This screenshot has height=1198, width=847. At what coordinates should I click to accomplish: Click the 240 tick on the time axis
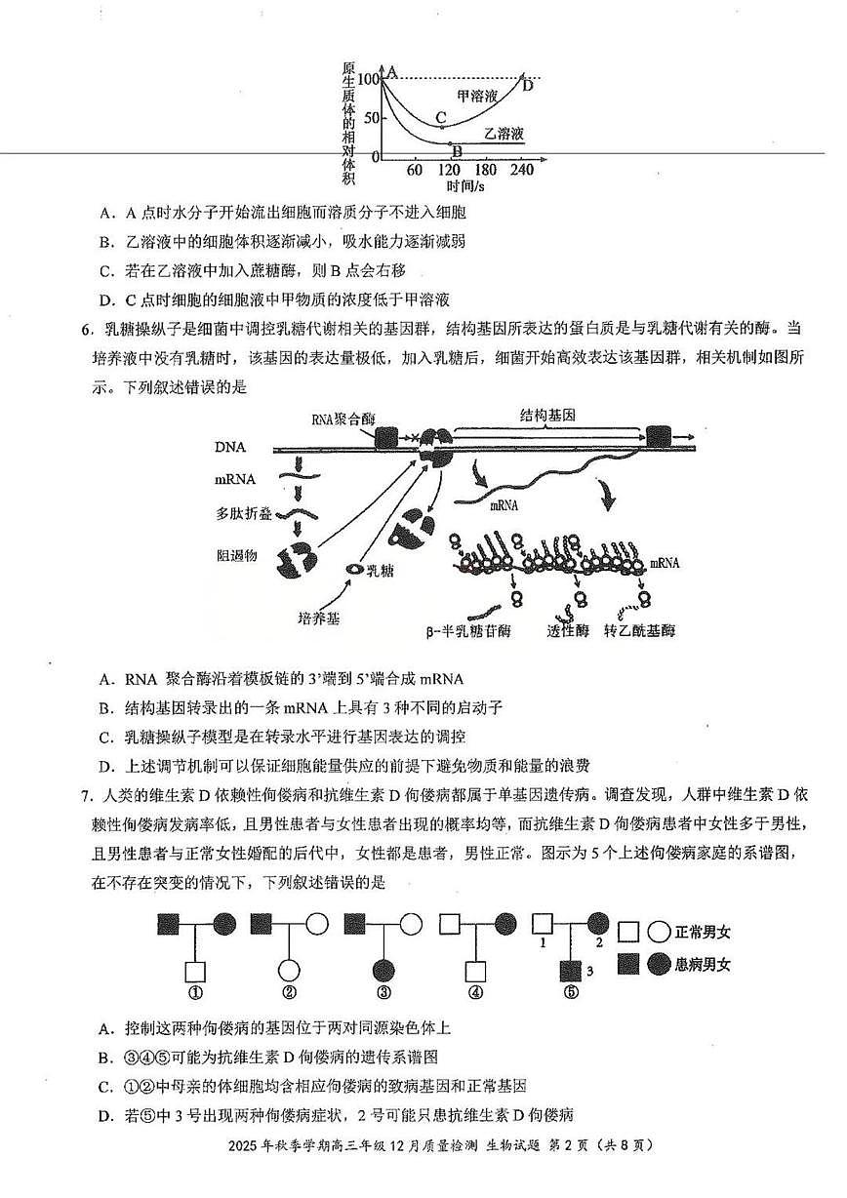coord(522,169)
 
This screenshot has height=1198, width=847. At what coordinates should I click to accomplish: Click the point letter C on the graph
coord(441,117)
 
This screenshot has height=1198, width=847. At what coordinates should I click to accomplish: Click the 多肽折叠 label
coord(242,512)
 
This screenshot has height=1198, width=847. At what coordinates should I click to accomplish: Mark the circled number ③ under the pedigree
coord(383,993)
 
